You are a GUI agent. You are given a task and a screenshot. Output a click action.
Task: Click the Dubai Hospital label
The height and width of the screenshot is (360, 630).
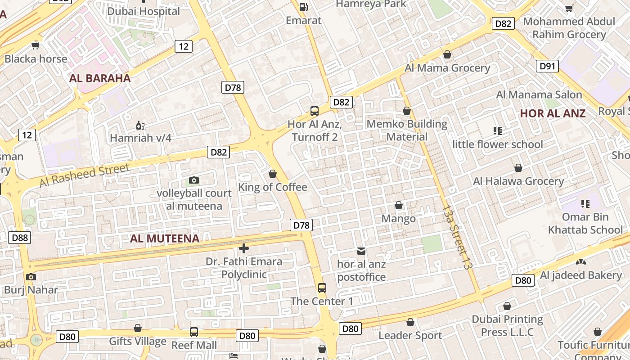(x=144, y=11)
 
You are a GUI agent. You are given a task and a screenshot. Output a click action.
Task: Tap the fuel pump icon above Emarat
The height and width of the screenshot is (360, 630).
(x=304, y=7)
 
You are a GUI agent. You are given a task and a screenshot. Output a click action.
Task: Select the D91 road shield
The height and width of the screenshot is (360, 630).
(x=547, y=66)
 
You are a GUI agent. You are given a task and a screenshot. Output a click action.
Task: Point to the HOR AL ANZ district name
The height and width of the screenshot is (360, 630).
(x=553, y=113)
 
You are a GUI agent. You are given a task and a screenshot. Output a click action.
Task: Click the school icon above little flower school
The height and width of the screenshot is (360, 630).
(x=497, y=131)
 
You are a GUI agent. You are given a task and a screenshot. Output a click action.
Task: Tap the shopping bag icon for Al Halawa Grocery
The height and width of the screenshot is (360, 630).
(x=518, y=168)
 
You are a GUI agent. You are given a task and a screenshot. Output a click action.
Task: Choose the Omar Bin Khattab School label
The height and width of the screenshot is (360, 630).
(x=585, y=223)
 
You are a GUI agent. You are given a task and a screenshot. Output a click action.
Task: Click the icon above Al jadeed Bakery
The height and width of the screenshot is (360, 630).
(x=581, y=261)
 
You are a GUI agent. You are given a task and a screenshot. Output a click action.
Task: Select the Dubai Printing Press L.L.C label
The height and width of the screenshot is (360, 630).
(x=507, y=326)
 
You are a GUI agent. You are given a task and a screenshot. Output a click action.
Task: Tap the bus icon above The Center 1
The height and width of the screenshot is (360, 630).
(x=322, y=288)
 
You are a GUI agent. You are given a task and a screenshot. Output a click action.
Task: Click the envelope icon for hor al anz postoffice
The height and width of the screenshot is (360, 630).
(x=361, y=251)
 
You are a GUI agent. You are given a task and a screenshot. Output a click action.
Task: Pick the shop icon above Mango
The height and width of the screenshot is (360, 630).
(x=399, y=206)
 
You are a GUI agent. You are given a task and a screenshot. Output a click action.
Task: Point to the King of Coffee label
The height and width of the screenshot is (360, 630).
(x=273, y=187)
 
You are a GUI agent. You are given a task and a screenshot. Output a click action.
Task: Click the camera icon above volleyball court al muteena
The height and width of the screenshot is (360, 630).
(x=193, y=180)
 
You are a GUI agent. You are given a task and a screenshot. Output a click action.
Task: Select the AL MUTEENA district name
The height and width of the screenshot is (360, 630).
(x=165, y=238)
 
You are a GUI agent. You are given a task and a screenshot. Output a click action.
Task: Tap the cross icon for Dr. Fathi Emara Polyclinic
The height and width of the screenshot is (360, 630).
(x=244, y=248)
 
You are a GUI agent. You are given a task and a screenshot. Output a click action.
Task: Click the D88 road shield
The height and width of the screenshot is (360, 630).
(x=19, y=238)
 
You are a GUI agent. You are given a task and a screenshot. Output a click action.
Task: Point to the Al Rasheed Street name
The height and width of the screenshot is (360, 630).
(x=85, y=175)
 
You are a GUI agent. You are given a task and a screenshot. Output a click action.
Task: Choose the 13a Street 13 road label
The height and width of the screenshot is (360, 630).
(x=457, y=237)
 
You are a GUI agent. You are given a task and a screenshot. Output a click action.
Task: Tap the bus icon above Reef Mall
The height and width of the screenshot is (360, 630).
(x=194, y=332)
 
